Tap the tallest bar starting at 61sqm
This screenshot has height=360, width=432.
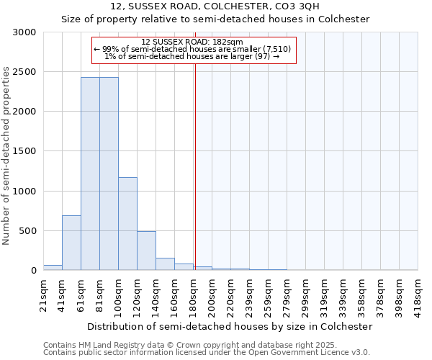tap(90, 173)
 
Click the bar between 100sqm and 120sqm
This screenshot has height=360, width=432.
tap(127, 223)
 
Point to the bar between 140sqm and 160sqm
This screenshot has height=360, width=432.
tap(165, 264)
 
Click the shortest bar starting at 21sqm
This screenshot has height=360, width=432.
tap(53, 267)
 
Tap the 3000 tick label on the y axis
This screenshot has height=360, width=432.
tap(24, 32)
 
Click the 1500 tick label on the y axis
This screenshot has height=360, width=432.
tap(24, 151)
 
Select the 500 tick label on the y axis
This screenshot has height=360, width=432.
tap(27, 231)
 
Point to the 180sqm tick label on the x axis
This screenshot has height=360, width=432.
tap(193, 294)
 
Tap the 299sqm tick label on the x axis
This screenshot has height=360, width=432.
tap(305, 294)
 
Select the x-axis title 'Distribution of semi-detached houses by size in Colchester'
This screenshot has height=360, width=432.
tap(229, 326)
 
